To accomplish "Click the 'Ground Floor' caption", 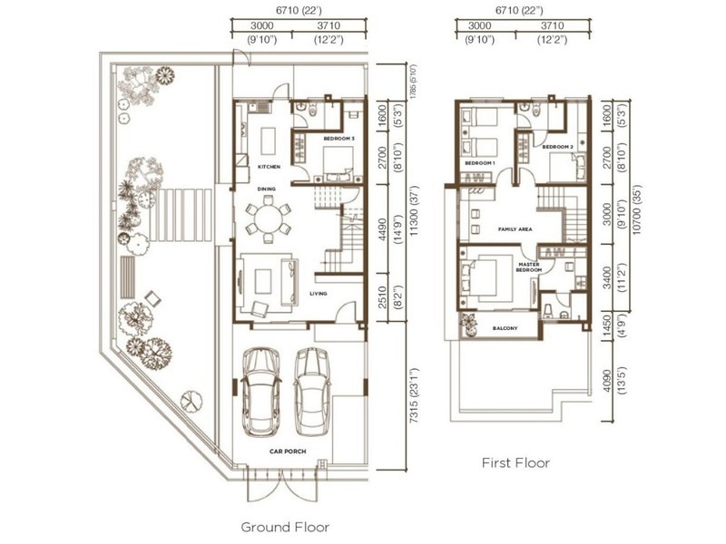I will click(284, 526).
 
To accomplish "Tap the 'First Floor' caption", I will click(515, 463).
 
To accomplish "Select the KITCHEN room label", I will click(269, 168).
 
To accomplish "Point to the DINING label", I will click(266, 189).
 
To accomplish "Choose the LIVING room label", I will click(319, 294).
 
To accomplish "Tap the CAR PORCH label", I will click(284, 448).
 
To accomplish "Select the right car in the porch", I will click(311, 384).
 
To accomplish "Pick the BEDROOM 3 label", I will click(338, 138).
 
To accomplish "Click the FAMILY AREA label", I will click(513, 229).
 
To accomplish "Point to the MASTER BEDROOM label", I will click(529, 267).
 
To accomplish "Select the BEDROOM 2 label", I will click(556, 146).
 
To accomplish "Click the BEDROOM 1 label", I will click(479, 163).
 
